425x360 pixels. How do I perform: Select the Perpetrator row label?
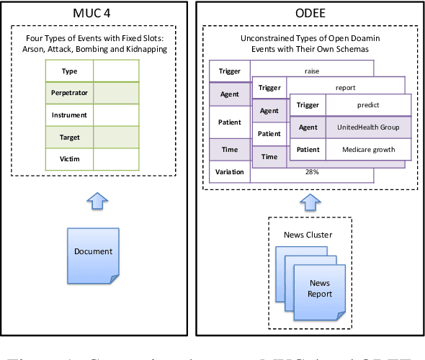(x=69, y=93)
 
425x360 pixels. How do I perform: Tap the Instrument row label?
(x=69, y=114)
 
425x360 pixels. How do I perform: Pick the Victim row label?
(x=69, y=158)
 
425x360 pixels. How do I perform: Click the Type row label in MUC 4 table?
(x=69, y=71)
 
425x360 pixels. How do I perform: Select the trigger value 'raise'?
(x=311, y=71)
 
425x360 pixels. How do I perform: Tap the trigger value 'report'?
(x=345, y=88)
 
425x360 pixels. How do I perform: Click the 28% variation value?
(x=311, y=172)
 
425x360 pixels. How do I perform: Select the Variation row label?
(x=230, y=172)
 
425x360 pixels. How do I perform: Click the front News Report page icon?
(x=320, y=288)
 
